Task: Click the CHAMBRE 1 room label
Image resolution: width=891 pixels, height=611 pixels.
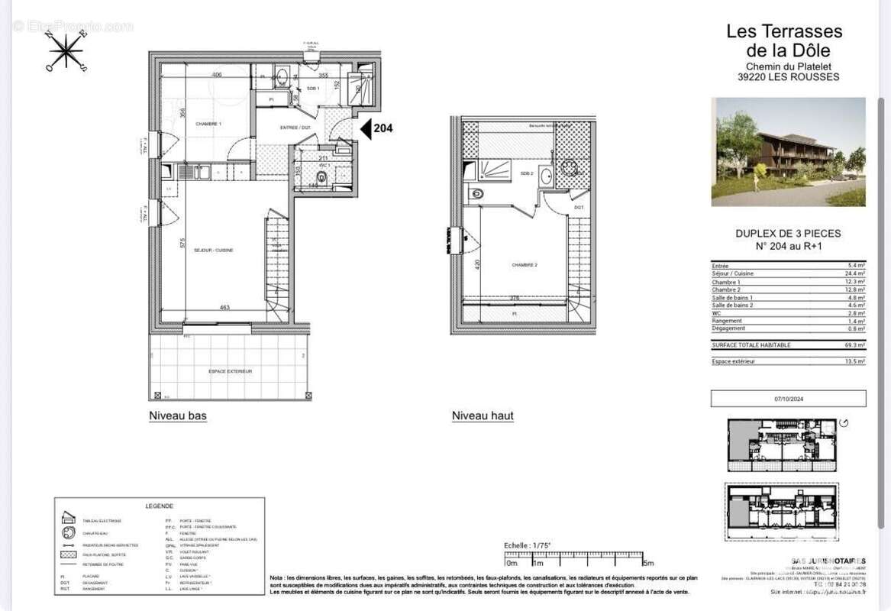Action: (208, 124)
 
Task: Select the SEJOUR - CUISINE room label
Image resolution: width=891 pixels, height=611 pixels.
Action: (213, 251)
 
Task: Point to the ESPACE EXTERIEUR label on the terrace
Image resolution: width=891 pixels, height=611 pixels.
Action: (230, 371)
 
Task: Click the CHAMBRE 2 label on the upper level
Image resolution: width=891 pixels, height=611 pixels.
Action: (525, 265)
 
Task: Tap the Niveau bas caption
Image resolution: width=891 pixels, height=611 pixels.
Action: (177, 416)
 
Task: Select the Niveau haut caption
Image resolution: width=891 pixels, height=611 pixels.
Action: (483, 416)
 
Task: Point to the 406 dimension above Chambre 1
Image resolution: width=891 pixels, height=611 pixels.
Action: (217, 75)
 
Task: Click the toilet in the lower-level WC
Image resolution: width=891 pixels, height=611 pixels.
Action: (321, 179)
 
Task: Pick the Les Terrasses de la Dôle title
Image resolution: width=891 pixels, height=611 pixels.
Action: (784, 41)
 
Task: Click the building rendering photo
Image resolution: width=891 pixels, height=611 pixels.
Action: (788, 151)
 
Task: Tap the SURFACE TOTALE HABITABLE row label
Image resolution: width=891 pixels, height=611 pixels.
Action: (744, 345)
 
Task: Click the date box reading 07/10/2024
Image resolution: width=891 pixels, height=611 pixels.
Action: (788, 399)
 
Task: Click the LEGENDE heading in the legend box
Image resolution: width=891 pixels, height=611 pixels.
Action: (160, 506)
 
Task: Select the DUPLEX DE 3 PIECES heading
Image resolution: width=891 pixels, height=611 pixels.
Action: (788, 234)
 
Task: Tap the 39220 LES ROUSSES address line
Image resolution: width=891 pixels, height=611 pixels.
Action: (788, 76)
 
